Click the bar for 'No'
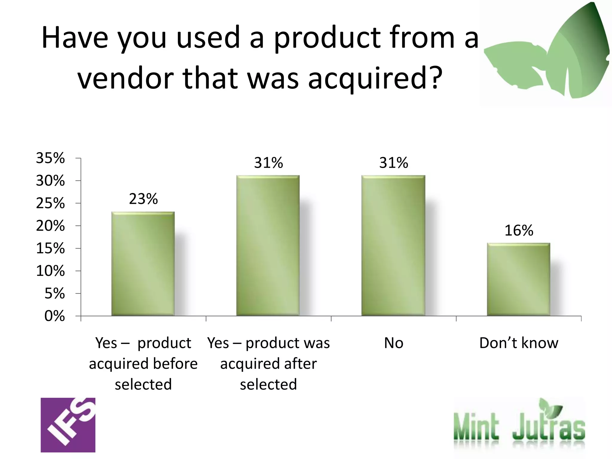point(393,246)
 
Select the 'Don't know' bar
point(518,279)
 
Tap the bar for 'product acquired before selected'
point(143,264)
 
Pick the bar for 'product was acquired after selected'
point(268,246)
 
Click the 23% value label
point(143,199)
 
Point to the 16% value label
point(519,231)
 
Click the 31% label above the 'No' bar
point(394,163)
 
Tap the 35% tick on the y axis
point(50,158)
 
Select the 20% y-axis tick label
point(50,226)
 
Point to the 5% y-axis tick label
point(54,294)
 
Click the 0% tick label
point(54,316)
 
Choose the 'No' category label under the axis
point(394,343)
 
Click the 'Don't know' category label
point(519,343)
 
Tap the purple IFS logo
point(68,425)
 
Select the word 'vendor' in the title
point(126,78)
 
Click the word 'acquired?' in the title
point(375,78)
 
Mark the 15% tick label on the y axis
point(50,249)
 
